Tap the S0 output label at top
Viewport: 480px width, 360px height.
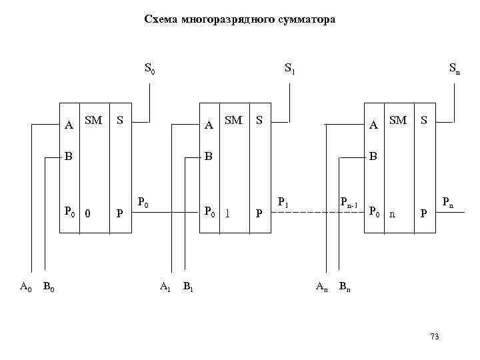[x=149, y=68]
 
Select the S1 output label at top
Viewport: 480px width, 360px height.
[x=289, y=68]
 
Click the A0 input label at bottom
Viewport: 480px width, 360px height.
[x=25, y=287]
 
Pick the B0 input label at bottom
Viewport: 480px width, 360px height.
[x=48, y=287]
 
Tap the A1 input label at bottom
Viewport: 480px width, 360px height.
[x=165, y=287]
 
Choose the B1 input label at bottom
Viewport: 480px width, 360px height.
[x=188, y=287]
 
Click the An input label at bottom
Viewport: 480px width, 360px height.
[x=321, y=287]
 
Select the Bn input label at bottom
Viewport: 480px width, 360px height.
[x=345, y=287]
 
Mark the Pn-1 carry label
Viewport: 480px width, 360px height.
[x=349, y=202]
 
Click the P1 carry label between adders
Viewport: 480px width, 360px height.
[x=282, y=202]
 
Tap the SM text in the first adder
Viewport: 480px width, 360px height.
[x=93, y=121]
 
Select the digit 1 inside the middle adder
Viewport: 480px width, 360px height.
[x=228, y=213]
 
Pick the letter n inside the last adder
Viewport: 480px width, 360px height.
[x=392, y=213]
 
